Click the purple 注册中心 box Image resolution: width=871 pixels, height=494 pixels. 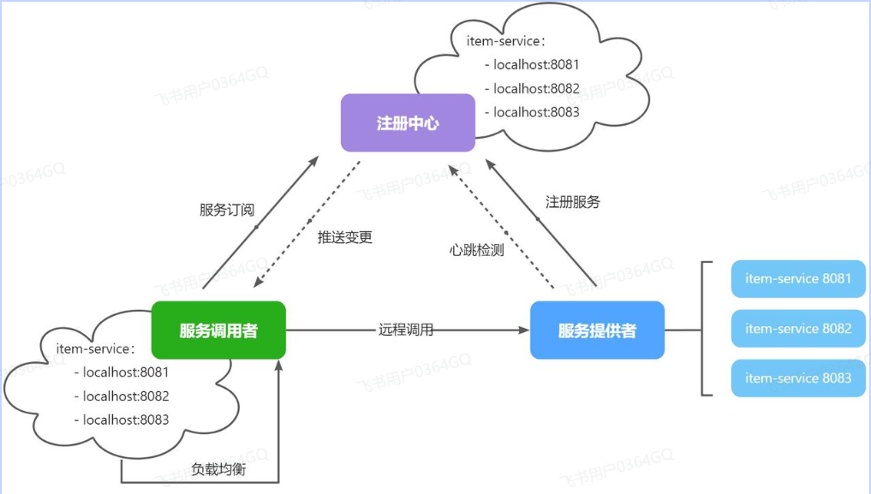coord(408,122)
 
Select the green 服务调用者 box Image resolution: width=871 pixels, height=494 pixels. coord(218,330)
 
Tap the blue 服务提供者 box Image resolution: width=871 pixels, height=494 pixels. coord(597,330)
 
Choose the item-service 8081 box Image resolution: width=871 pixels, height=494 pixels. coord(798,279)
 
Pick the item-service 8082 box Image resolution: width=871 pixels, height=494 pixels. coord(798,329)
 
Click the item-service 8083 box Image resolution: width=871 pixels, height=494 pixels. coord(798,378)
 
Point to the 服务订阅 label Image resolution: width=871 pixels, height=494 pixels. coord(227,210)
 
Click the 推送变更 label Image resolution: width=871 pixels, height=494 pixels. coord(345,237)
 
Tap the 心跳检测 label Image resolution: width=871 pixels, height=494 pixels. coord(476,250)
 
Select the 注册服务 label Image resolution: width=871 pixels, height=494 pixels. coord(573,202)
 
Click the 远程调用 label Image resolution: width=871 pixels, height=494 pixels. coord(406,329)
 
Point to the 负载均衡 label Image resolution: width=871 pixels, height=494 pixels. coord(218,469)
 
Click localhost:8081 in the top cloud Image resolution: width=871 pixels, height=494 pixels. coord(536,64)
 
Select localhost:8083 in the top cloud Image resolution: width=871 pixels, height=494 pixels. coord(536,112)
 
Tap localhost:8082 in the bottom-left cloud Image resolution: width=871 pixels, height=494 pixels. coord(126,396)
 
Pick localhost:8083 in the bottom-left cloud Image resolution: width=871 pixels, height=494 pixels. coord(126,420)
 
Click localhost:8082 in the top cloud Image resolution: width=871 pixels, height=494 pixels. coord(536,88)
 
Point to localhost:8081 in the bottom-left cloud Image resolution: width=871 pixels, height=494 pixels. coord(126,372)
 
